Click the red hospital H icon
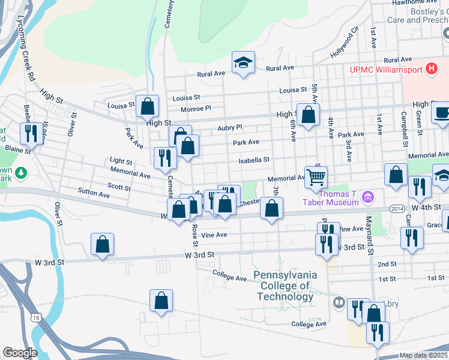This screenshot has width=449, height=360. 430,69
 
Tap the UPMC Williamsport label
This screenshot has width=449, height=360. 386,70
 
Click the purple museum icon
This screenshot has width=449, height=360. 369,197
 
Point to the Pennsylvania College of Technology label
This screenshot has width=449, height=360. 285,286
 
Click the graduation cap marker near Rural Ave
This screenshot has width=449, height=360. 244,62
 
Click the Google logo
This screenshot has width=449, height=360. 20,353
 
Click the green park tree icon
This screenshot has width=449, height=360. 22,173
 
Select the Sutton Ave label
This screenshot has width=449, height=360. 94,194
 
